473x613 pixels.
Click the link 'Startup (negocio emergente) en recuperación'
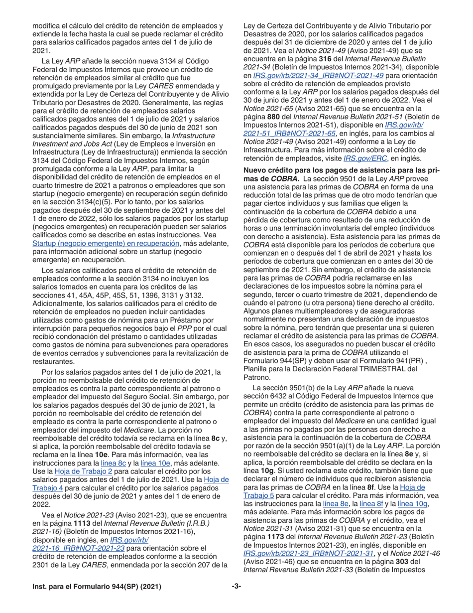106,244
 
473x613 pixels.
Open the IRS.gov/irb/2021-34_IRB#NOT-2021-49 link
318,75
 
